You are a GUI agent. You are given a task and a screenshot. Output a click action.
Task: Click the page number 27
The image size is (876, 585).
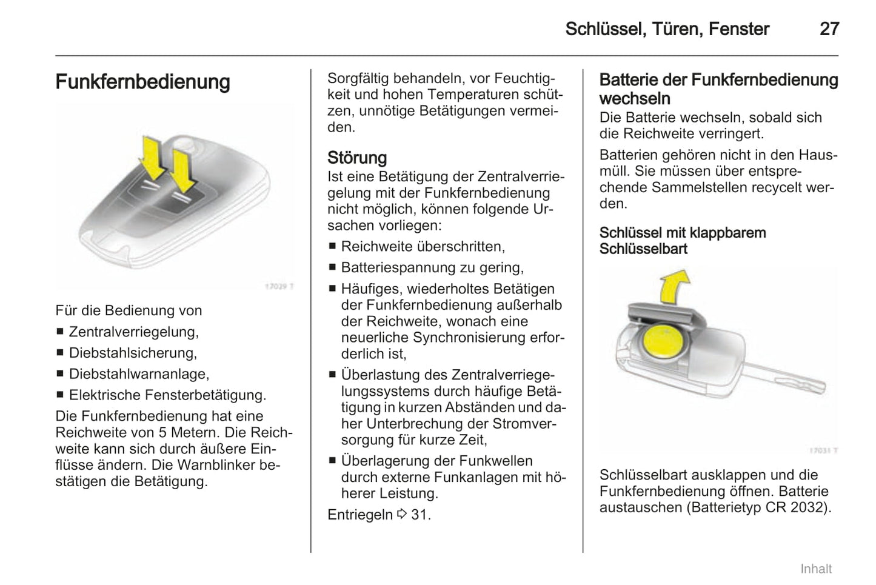[829, 29]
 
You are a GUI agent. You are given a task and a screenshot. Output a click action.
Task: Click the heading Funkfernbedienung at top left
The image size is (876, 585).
[142, 82]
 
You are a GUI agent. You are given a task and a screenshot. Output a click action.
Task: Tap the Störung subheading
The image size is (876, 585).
[356, 158]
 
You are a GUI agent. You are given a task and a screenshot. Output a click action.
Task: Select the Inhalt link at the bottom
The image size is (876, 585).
[815, 569]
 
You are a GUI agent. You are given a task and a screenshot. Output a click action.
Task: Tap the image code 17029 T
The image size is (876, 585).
[279, 286]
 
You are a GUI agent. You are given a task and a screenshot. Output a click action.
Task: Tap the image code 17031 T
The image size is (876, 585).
[823, 450]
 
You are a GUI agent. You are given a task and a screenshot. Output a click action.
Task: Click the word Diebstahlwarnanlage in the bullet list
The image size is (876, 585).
[139, 374]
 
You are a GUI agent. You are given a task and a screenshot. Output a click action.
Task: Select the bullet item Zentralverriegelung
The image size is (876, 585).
[133, 332]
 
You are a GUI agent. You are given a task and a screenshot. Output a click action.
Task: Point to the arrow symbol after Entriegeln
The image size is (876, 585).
[402, 515]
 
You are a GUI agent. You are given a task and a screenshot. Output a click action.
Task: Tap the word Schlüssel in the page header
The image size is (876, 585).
[604, 29]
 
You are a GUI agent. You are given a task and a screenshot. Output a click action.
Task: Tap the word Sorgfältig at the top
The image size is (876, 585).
[358, 78]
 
